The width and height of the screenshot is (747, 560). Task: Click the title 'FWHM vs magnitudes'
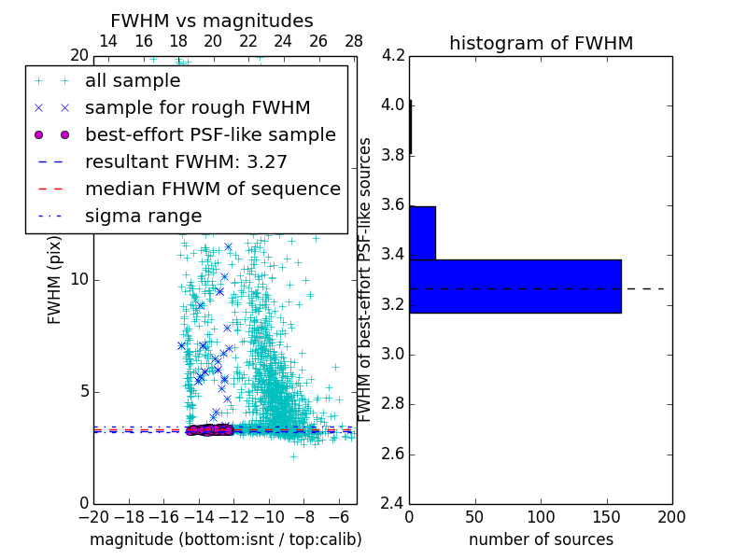click(x=211, y=21)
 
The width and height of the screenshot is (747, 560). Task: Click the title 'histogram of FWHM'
click(x=541, y=43)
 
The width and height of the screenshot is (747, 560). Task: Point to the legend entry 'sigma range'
click(x=143, y=216)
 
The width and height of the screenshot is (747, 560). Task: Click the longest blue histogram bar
click(x=514, y=287)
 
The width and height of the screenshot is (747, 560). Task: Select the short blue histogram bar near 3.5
click(x=422, y=232)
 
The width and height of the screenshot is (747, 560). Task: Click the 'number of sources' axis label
click(x=541, y=539)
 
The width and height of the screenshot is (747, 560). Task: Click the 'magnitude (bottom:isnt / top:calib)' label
click(x=225, y=539)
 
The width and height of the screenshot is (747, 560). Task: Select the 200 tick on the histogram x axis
click(x=671, y=516)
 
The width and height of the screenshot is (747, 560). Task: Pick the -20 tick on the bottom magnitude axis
click(x=93, y=516)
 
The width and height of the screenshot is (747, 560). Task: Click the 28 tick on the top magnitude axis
click(x=354, y=41)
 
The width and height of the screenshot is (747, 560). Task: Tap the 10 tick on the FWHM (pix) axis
click(x=80, y=279)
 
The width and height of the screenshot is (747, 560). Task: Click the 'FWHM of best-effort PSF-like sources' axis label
click(x=366, y=279)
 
